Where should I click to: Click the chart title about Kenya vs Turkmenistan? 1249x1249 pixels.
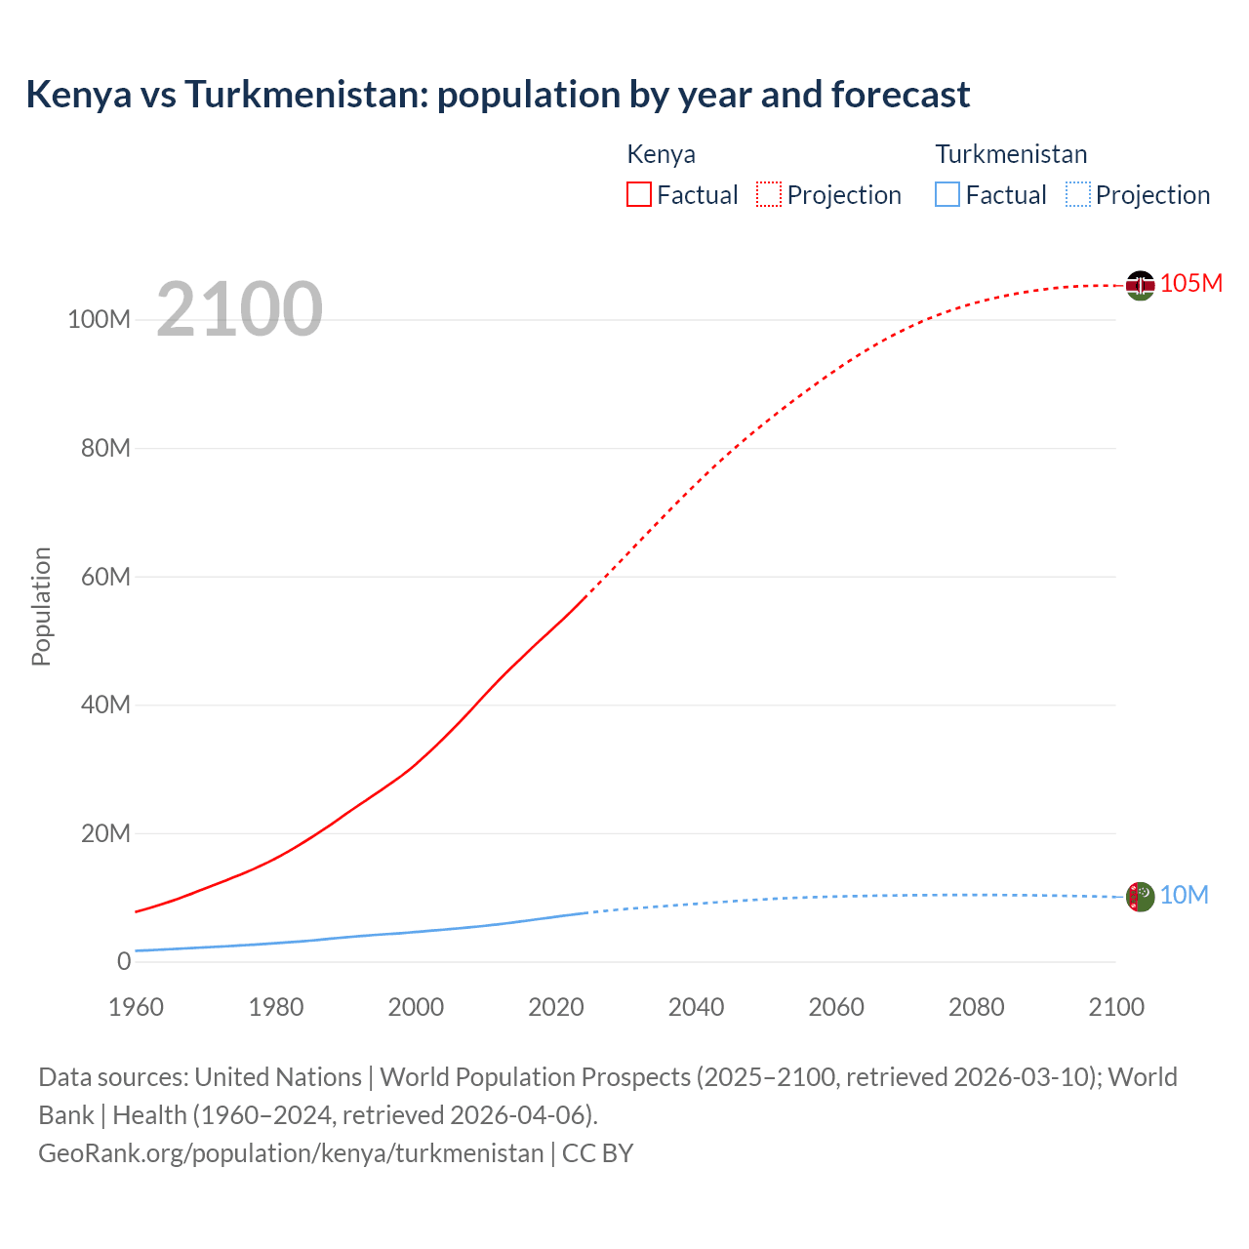(498, 95)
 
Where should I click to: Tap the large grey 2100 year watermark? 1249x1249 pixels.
(239, 309)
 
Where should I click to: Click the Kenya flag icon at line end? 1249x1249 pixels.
(1140, 286)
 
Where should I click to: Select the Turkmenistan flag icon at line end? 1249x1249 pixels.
(1140, 896)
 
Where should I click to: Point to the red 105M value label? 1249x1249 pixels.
(1191, 283)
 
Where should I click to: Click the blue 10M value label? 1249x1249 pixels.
(1184, 895)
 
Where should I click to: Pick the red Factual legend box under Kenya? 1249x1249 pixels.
(639, 194)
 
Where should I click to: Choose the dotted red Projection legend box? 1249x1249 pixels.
(769, 194)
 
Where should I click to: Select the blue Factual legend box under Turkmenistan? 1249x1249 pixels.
(947, 194)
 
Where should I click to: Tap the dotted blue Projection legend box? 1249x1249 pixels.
(1078, 194)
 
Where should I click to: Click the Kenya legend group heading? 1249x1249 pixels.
(661, 154)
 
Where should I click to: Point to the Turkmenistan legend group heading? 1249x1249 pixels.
(1011, 154)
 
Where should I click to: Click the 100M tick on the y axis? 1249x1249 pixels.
(99, 320)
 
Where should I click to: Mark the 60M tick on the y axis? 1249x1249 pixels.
(105, 577)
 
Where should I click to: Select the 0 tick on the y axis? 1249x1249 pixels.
(124, 961)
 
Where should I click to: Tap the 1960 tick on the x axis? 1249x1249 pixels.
(136, 1007)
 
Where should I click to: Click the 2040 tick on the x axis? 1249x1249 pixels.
(696, 1007)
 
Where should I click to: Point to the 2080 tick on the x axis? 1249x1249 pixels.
(976, 1007)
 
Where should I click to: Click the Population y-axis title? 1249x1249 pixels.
(41, 606)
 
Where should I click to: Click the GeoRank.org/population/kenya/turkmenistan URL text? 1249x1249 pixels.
(291, 1153)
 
